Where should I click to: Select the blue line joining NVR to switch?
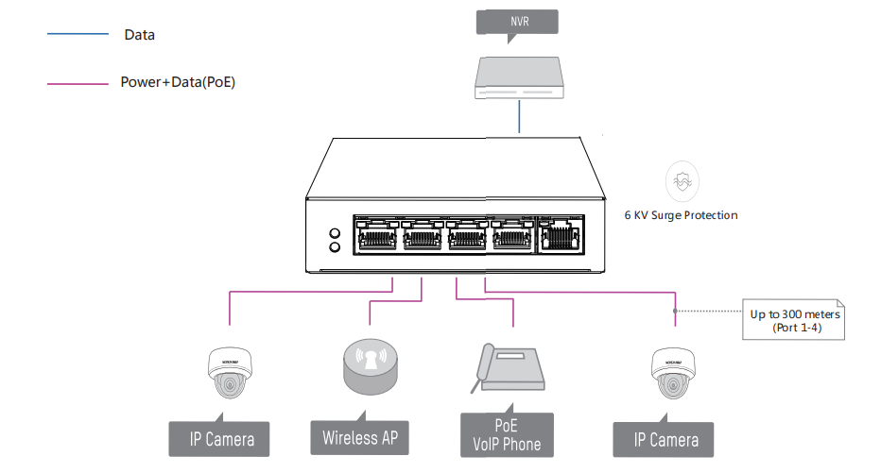(518, 117)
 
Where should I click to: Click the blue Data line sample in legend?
(78, 34)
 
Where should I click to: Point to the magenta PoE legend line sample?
(78, 83)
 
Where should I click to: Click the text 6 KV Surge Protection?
(681, 215)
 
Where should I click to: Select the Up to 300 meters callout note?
(795, 319)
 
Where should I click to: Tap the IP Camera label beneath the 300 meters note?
(667, 440)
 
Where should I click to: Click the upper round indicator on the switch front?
(334, 232)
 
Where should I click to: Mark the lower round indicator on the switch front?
(334, 247)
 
